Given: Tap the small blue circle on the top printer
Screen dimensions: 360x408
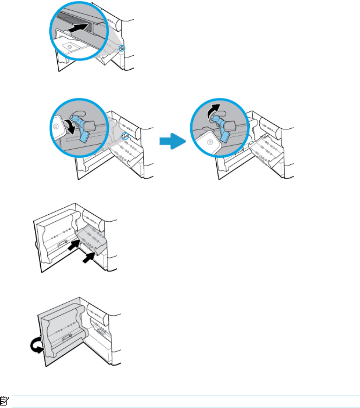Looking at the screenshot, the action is click(122, 48).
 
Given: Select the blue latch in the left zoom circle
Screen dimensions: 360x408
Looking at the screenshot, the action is click(81, 128).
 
